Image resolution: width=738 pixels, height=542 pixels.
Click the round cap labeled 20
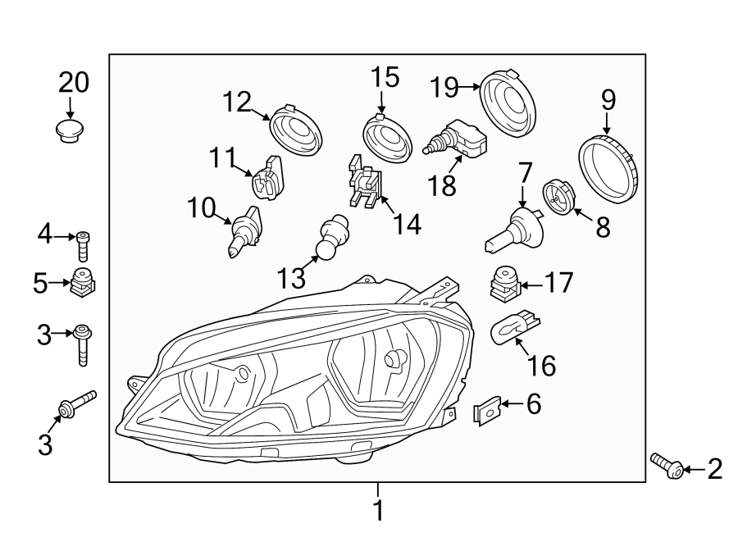coord(71,131)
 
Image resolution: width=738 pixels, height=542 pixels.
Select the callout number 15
coord(384,79)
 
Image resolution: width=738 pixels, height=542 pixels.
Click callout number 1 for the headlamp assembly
coord(378,510)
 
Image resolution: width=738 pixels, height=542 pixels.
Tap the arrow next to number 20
coord(71,107)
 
